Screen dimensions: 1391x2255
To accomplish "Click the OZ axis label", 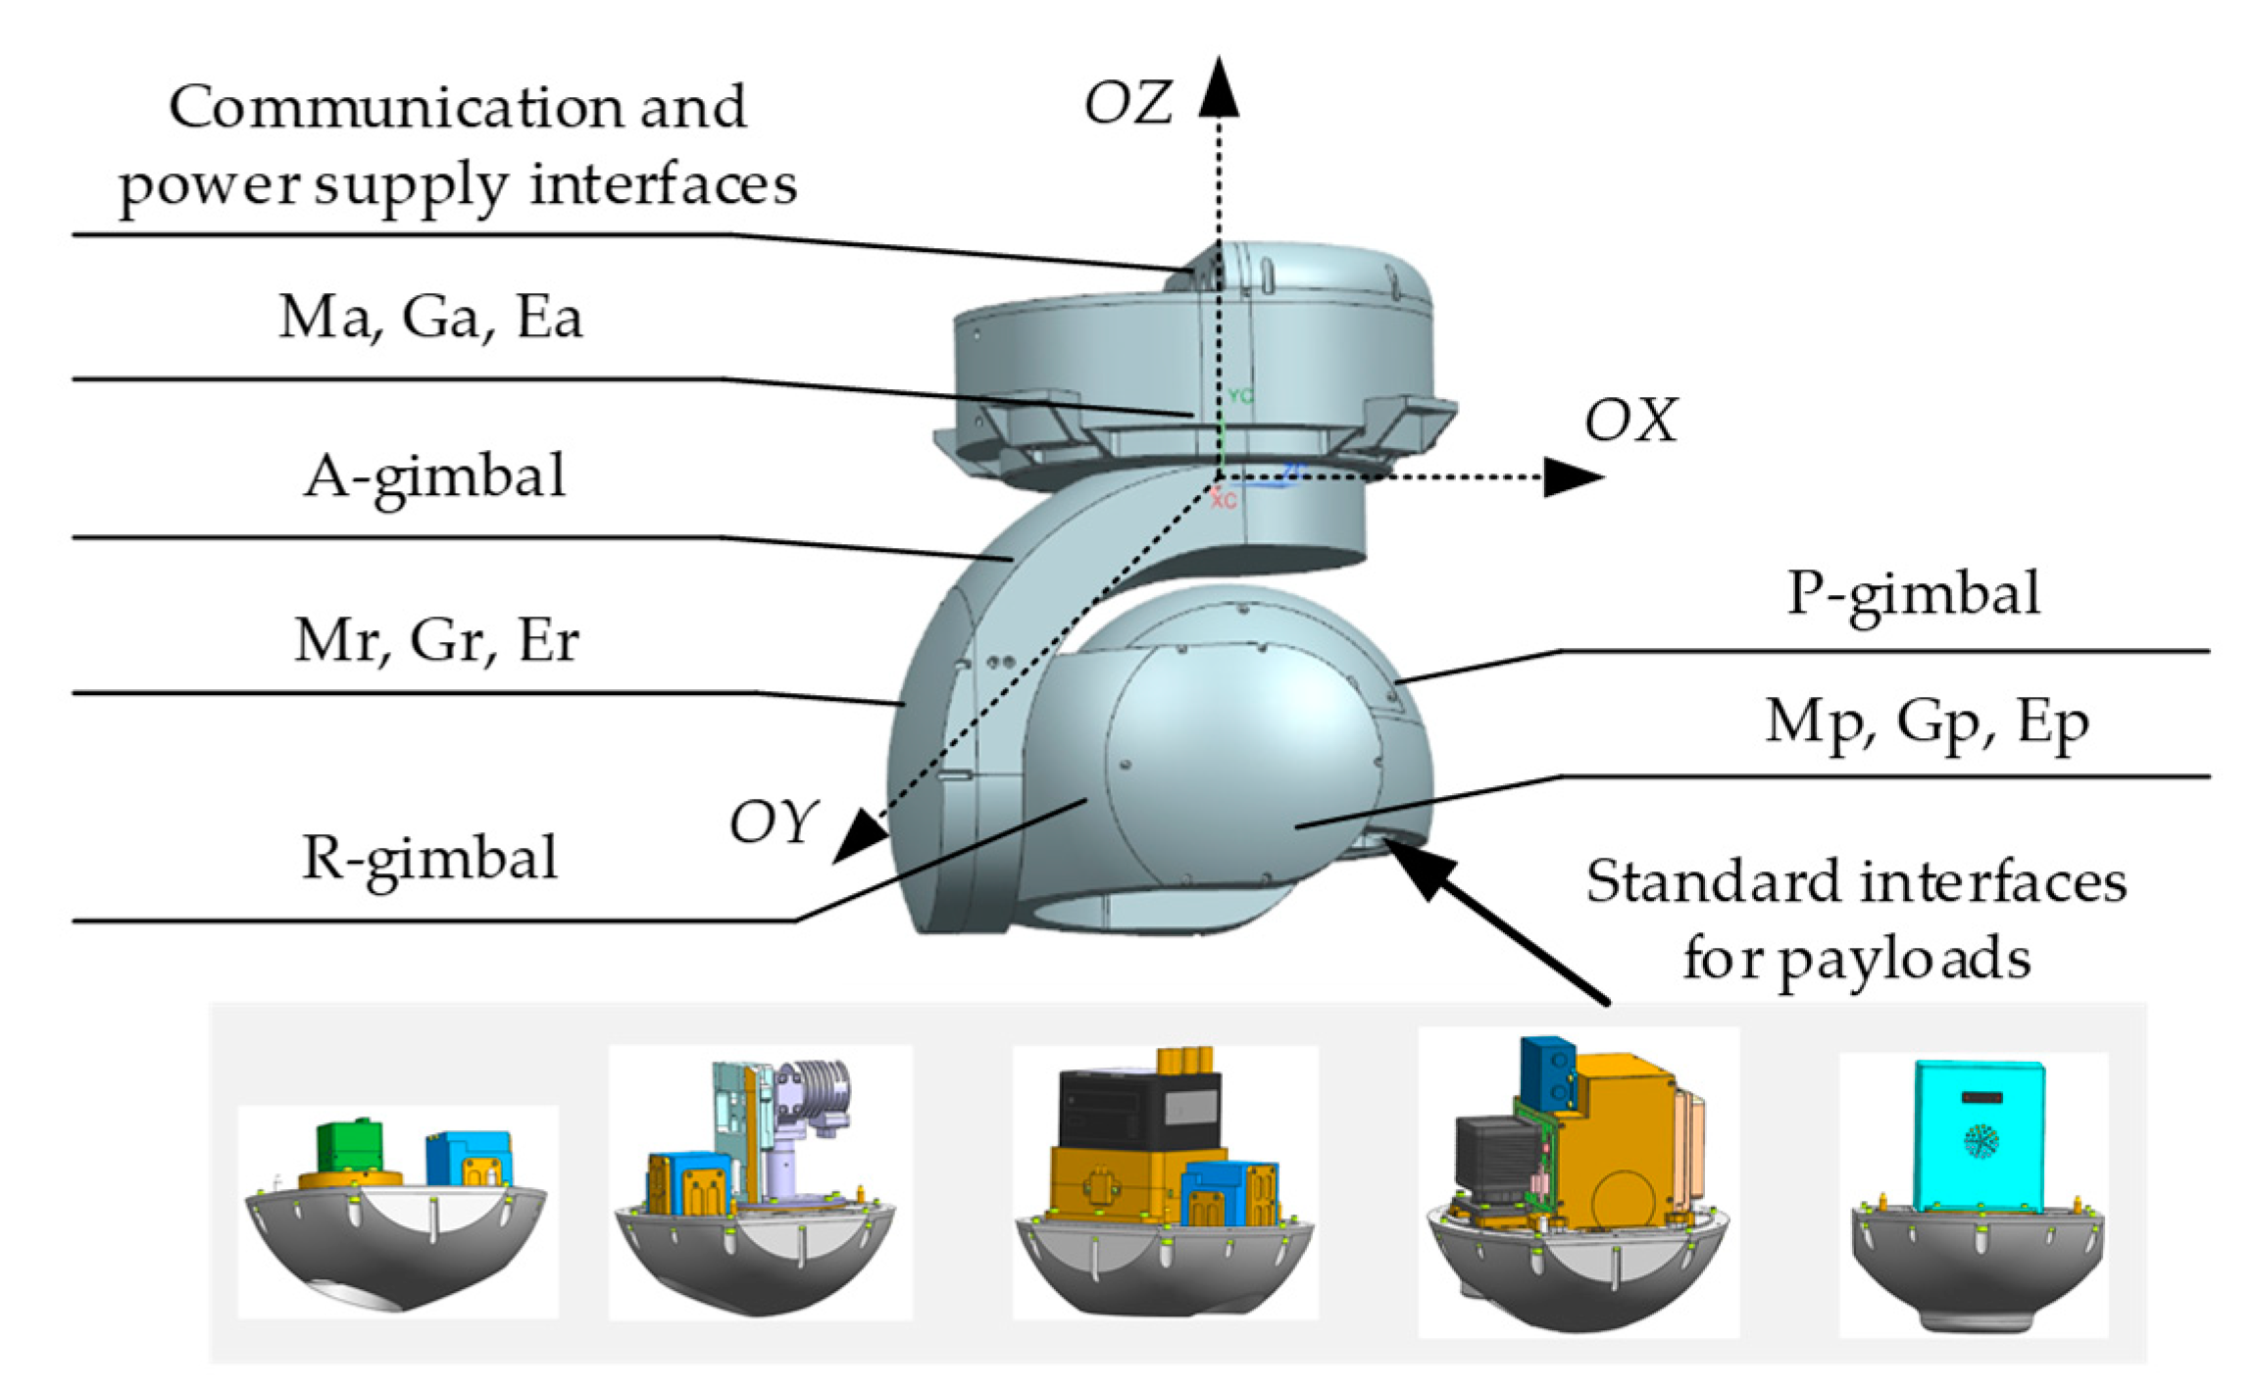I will (1127, 104).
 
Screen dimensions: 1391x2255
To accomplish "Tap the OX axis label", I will (1630, 422).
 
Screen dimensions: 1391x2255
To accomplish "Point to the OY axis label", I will (773, 822).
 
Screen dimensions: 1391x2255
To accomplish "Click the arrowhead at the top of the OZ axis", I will (1219, 88).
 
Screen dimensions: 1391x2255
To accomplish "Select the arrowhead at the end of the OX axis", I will (1573, 477).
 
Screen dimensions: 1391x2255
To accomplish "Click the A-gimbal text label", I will (434, 477).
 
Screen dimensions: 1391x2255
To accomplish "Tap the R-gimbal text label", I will (429, 859).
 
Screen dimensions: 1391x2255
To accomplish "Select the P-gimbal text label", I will (1913, 594).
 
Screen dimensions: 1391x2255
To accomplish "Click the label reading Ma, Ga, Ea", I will (430, 318).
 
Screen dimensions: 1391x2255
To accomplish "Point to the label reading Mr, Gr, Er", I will (436, 641).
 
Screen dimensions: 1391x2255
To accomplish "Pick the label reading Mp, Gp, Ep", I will (1927, 723).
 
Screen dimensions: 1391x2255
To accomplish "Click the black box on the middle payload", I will (1138, 1109).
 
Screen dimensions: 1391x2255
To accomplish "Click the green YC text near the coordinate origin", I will (1240, 397).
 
